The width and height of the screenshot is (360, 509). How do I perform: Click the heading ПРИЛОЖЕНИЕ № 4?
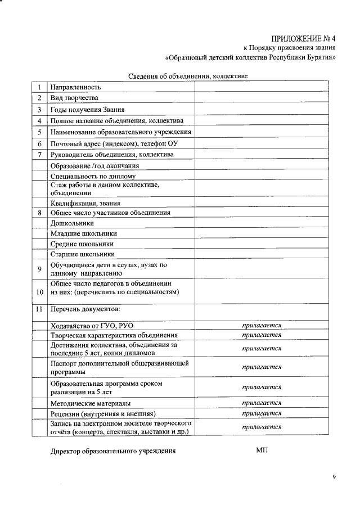pos(303,39)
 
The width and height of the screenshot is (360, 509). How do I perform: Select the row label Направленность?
pos(75,88)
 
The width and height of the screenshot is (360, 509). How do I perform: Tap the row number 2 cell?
pos(39,98)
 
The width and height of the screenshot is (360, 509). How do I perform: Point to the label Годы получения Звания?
pos(87,110)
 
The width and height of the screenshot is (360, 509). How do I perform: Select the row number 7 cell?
pos(39,154)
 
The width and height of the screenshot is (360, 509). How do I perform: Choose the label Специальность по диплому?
pos(93,176)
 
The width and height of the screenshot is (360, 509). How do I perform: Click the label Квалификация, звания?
pos(85,203)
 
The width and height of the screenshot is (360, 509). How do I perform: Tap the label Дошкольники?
pos(71,223)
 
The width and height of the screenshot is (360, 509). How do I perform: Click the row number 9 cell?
pos(39,269)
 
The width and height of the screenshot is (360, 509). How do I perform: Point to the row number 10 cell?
pos(39,292)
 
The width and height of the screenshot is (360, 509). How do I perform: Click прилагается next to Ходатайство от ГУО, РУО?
pos(262,326)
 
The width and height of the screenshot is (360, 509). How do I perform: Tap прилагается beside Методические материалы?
pos(262,403)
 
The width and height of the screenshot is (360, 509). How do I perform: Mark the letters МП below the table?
pos(262,451)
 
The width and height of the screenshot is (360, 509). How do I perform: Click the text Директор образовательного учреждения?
pos(113,451)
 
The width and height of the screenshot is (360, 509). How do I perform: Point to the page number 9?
pos(334,478)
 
